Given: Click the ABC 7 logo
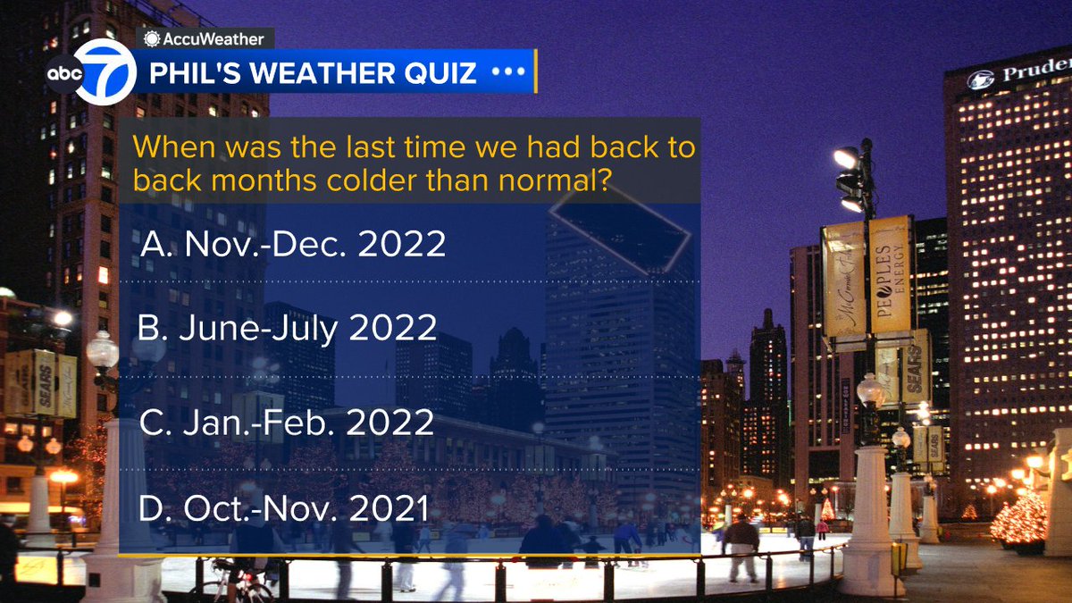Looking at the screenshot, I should pos(91,75).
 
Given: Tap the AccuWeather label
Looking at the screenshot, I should pos(205,38).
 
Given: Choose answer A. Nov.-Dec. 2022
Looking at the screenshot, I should pos(294,244).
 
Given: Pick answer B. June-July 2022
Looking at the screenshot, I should pos(288,329).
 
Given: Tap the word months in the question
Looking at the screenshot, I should pos(252,180).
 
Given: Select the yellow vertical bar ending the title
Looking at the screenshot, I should pos(536,71).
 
